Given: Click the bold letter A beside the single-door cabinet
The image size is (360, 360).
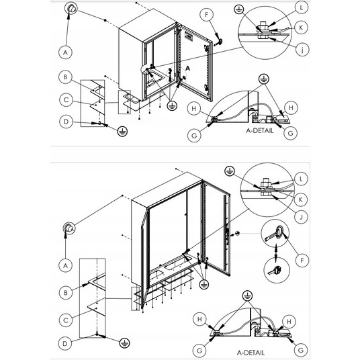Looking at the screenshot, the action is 188,69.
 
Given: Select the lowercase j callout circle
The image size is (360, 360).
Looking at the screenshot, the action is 302,49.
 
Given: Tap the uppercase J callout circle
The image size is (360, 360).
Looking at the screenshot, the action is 302,216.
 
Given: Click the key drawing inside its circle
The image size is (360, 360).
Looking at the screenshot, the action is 275,271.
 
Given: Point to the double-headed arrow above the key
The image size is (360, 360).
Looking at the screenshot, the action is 276,252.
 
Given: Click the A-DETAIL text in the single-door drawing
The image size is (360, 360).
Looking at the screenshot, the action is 260,131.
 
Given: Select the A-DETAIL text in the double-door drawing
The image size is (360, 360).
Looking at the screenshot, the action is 251,353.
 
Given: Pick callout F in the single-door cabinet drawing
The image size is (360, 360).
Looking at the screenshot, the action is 206,15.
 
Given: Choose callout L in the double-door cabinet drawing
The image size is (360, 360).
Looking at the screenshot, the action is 301,179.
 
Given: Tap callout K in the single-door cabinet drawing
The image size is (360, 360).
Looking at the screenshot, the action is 301,28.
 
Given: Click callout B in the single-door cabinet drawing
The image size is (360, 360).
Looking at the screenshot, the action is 65,77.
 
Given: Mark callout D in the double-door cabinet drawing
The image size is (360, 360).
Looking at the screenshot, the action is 65,343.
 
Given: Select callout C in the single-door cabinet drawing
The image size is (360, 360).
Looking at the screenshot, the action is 66,100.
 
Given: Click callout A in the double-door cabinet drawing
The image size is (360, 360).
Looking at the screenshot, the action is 65,266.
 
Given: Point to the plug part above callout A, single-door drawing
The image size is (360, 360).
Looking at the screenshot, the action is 71,9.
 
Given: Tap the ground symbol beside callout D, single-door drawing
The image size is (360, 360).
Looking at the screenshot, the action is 122,132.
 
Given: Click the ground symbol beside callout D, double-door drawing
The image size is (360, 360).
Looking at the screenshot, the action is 125,343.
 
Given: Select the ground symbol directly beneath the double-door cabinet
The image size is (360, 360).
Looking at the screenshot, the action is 204,284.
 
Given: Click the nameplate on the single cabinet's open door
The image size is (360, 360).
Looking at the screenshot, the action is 189,36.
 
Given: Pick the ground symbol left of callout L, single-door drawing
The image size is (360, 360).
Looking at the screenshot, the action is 239,9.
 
